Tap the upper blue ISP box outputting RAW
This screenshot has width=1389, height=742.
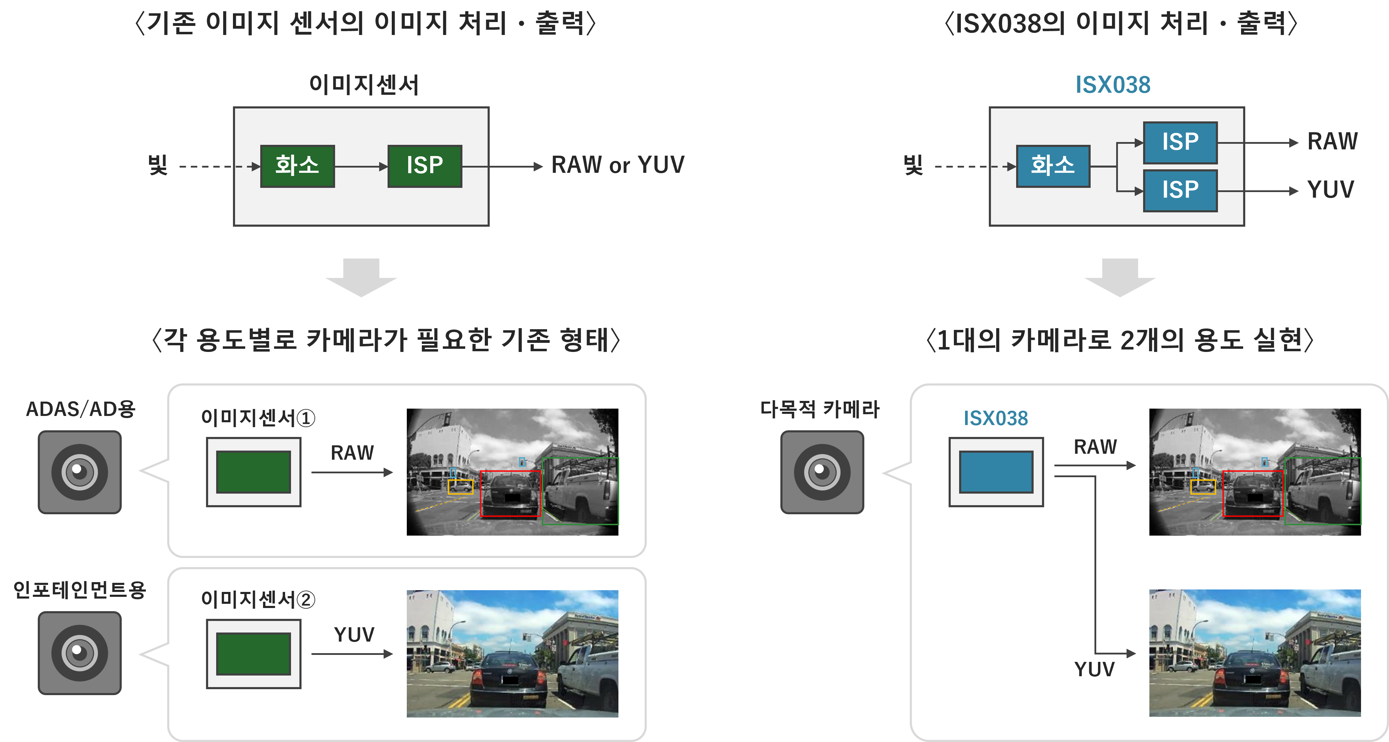[x=1180, y=142]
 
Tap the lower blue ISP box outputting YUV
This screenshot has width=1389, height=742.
[x=1180, y=190]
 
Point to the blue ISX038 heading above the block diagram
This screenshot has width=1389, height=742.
[x=1112, y=85]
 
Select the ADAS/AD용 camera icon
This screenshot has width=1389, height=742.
[x=80, y=472]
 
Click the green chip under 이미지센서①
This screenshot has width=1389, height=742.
[x=254, y=472]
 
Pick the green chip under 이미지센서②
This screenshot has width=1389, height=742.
[x=254, y=653]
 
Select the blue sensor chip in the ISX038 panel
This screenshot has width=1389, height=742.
[x=996, y=472]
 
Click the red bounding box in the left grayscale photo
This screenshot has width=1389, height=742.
[x=510, y=493]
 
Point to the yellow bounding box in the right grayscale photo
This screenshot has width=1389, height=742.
[x=1203, y=486]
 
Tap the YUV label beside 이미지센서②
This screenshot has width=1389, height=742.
[x=354, y=635]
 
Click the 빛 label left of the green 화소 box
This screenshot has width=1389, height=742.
[x=157, y=164]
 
